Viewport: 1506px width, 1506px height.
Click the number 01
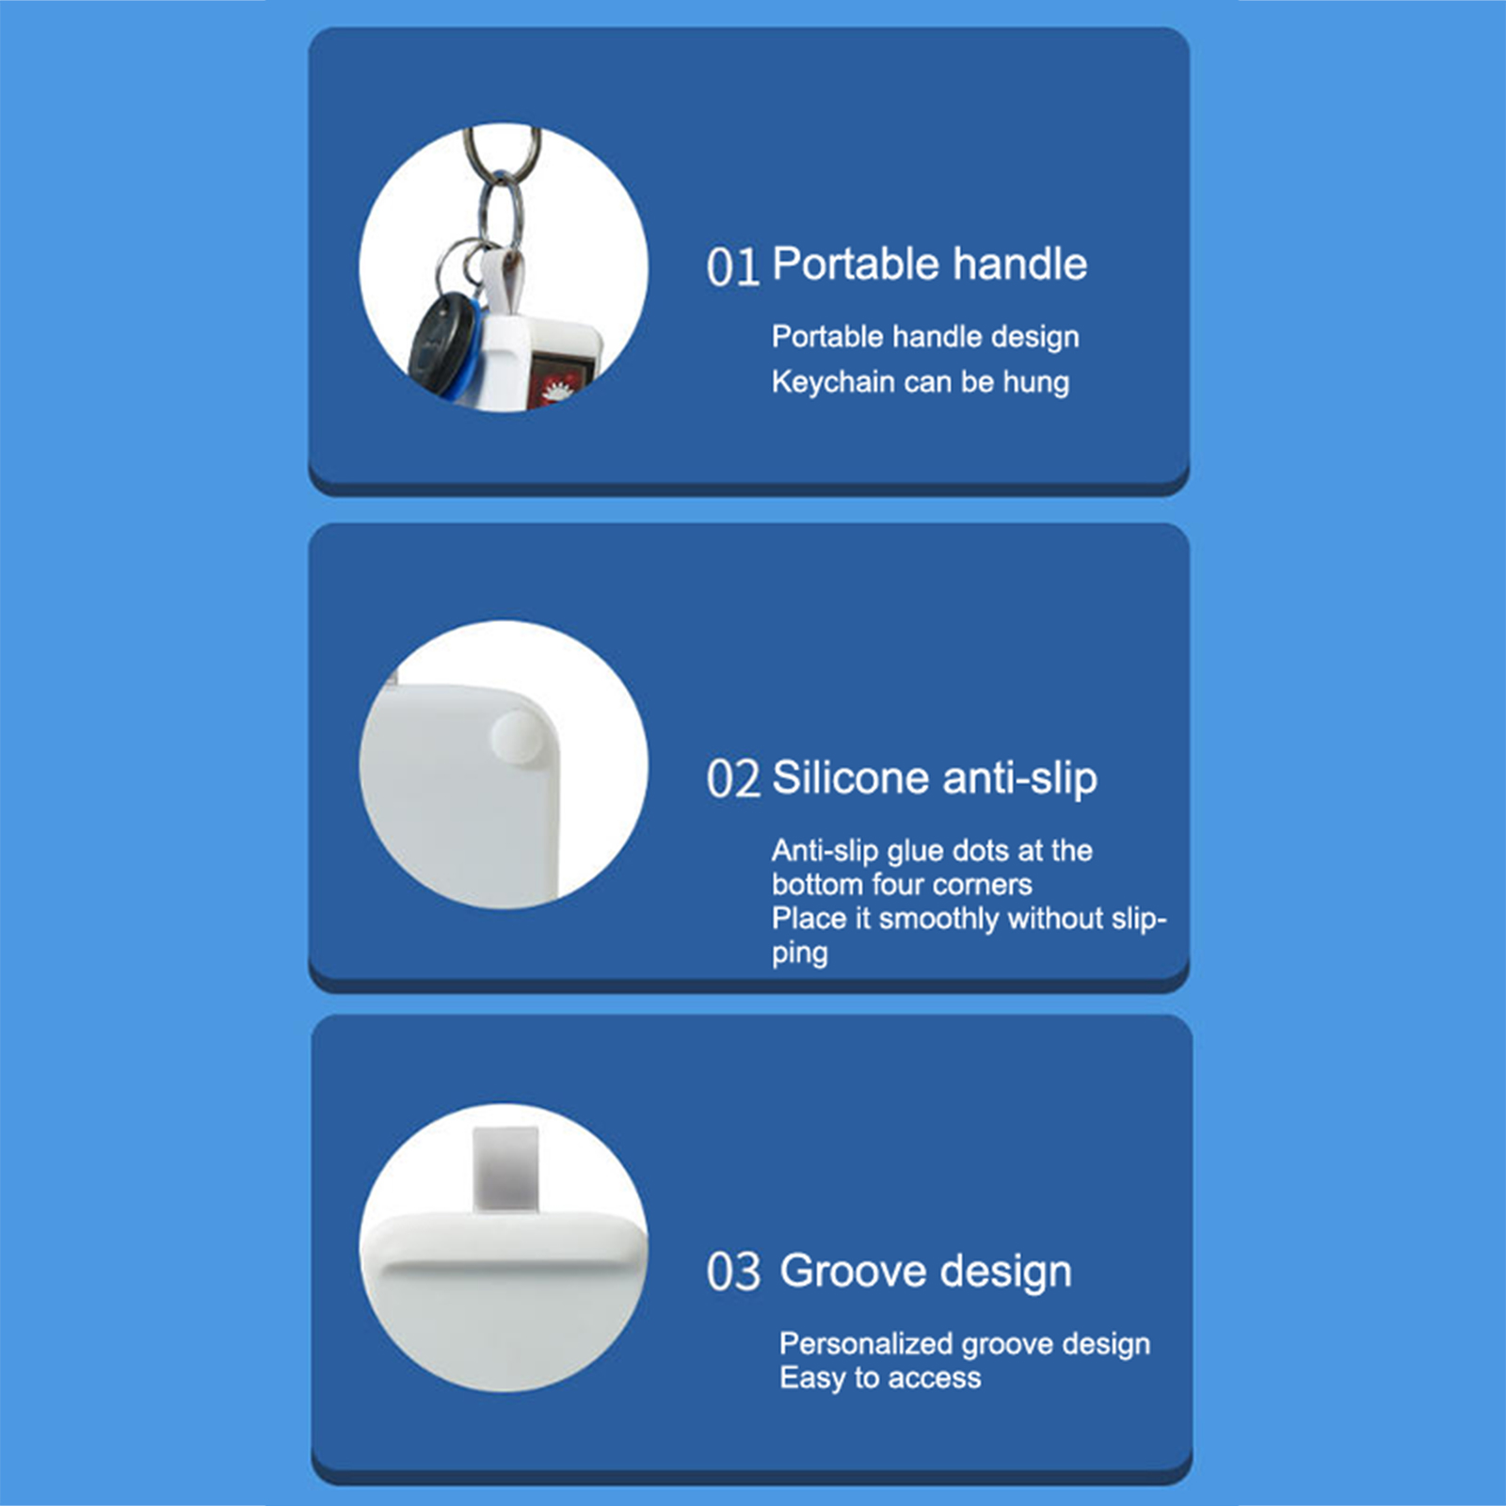(732, 267)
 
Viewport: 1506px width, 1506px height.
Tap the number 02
(732, 780)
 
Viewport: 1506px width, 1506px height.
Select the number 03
(733, 1273)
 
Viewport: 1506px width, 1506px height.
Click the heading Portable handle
(929, 264)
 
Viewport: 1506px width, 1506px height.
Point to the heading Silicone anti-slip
(935, 778)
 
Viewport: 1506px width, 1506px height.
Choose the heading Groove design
(925, 1273)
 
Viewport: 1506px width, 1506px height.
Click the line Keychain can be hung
(921, 382)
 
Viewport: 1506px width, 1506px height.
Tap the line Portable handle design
(925, 337)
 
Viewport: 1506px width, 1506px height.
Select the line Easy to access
(880, 1378)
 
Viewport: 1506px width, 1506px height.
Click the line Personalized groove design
(965, 1344)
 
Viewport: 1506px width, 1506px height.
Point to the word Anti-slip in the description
(825, 851)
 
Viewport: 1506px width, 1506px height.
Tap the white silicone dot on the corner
(518, 736)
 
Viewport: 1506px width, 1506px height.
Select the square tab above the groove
(505, 1167)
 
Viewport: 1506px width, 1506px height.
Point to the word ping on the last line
(800, 953)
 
